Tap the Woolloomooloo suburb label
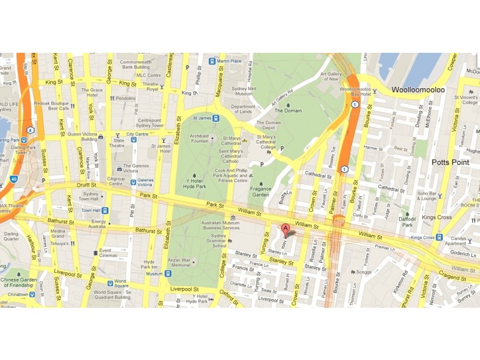tap(418, 90)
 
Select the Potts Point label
tap(452, 163)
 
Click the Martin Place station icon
tap(213, 61)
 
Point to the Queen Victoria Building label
tap(82, 137)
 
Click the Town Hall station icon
tap(104, 211)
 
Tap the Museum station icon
tap(169, 274)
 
